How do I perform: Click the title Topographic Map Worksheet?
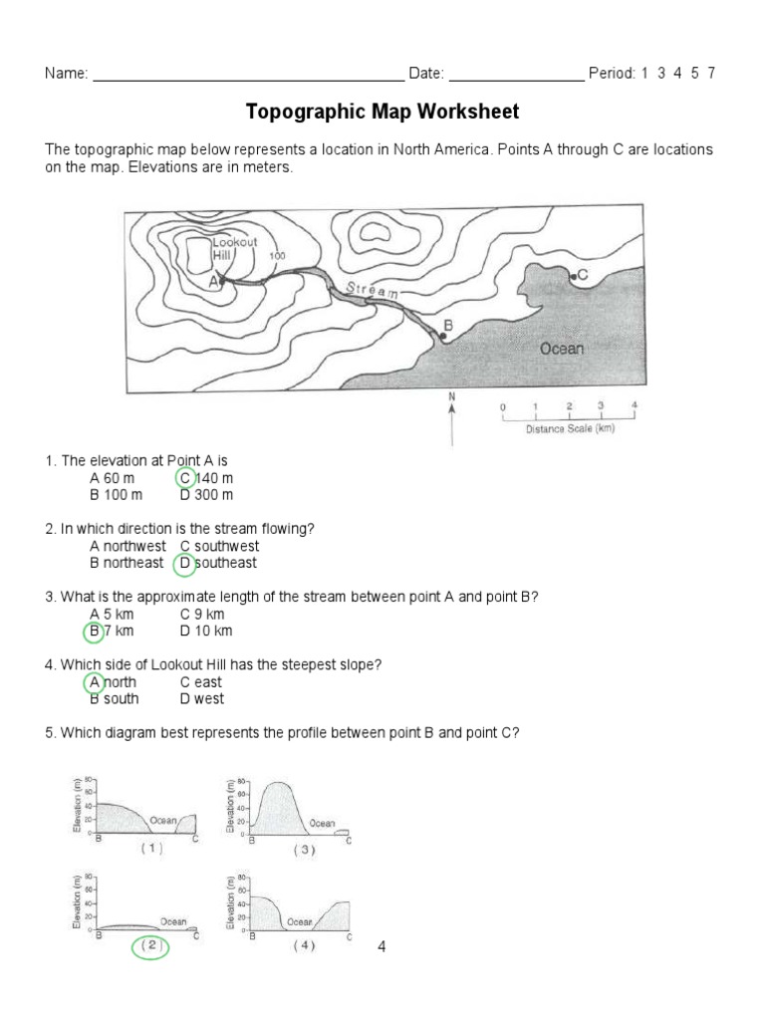[x=382, y=111]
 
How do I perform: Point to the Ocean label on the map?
[x=562, y=349]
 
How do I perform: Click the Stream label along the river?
[x=372, y=291]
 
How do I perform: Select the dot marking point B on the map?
[x=442, y=337]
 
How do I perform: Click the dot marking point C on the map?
[x=571, y=275]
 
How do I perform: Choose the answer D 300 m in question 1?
[x=206, y=494]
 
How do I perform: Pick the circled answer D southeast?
[x=218, y=563]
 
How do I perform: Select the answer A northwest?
[x=127, y=546]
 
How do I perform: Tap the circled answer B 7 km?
[x=112, y=631]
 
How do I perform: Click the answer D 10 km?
[x=206, y=631]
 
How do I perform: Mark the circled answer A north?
[x=113, y=682]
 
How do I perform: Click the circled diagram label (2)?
[x=149, y=946]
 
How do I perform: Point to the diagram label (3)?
[x=304, y=851]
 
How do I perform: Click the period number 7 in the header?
[x=711, y=74]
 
